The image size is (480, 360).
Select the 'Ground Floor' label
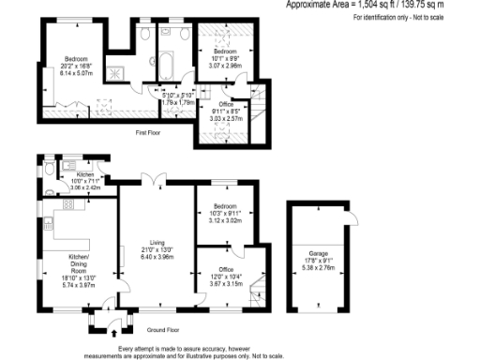(163, 330)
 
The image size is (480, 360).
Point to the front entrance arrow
(114, 331)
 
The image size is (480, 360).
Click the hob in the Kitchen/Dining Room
(68, 203)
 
